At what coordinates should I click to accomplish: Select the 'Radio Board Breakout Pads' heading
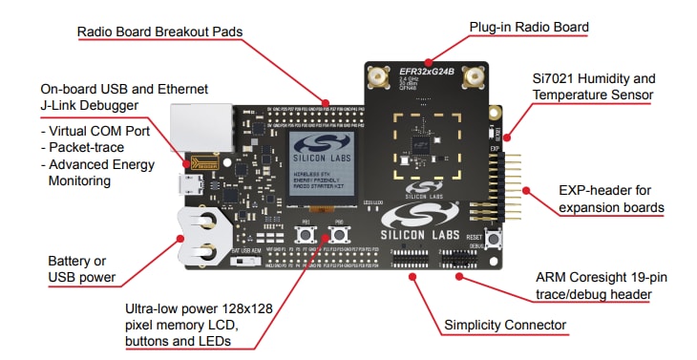pos(159,32)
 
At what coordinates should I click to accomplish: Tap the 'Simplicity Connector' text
pos(504,326)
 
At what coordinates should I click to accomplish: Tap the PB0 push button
pos(339,234)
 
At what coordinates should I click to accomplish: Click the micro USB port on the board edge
pos(189,182)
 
